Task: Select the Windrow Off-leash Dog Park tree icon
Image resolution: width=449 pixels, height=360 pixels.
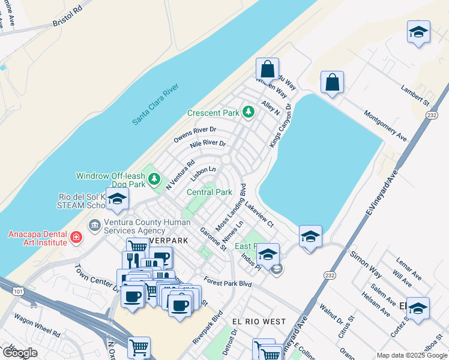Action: click(x=155, y=178)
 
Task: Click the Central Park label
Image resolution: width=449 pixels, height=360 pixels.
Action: click(x=209, y=193)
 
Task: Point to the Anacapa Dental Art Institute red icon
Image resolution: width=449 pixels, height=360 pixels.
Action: click(x=76, y=238)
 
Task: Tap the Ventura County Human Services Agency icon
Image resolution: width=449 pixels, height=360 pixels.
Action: click(x=95, y=226)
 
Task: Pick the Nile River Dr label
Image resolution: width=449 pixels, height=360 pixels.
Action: click(x=208, y=145)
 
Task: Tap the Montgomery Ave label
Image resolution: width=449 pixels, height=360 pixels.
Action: click(x=385, y=125)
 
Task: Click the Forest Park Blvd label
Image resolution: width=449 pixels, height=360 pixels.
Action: click(x=228, y=282)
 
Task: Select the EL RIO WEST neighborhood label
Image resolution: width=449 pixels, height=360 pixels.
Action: click(x=259, y=322)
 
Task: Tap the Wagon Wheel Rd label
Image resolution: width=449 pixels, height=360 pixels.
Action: click(x=38, y=325)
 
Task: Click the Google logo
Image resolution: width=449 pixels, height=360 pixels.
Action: click(x=19, y=353)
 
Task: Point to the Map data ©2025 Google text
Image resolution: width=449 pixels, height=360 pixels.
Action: click(x=411, y=355)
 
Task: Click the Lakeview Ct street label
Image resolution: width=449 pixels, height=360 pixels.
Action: click(x=259, y=215)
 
